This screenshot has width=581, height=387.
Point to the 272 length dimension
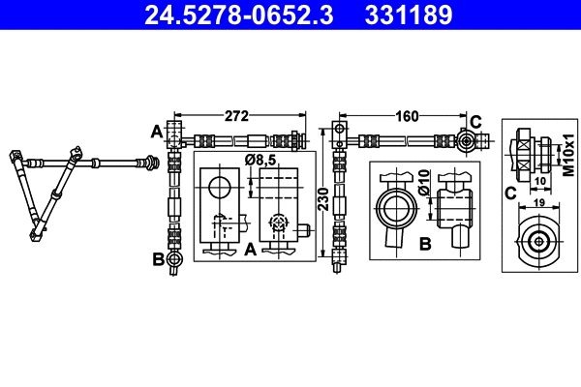[238, 117]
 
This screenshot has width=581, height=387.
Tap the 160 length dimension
[406, 117]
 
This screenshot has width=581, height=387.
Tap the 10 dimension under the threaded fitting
[539, 180]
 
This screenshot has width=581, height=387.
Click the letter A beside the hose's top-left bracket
[155, 131]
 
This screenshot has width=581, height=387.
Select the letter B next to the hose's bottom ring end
[156, 259]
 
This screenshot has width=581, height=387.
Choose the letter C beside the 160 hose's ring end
[474, 121]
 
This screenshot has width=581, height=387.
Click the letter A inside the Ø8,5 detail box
[249, 250]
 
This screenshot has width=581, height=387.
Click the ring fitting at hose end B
[174, 259]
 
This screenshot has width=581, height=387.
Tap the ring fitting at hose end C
[466, 141]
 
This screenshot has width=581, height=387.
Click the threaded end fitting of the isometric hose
[151, 162]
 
